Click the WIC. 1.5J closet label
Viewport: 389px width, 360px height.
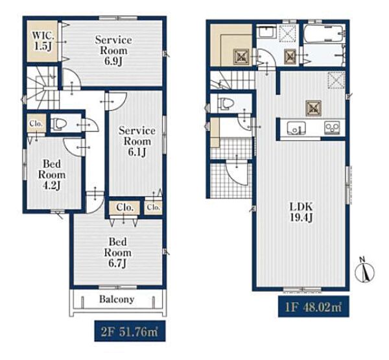[x=43, y=42]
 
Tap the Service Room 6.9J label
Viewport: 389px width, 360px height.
[x=113, y=51]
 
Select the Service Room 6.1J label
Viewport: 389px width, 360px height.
[x=137, y=141]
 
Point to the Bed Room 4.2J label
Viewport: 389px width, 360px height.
[x=52, y=174]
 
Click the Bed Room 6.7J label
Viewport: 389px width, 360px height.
[x=117, y=252]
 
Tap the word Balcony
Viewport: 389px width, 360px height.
[x=117, y=299]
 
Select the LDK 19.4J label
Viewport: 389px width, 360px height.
[x=301, y=211]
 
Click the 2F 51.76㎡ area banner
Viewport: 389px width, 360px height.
[x=130, y=331]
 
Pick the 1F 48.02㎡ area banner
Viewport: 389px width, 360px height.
[x=314, y=306]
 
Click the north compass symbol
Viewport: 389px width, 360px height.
[x=364, y=271]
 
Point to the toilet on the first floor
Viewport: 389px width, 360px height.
[x=226, y=103]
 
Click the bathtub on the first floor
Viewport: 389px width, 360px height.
[x=323, y=34]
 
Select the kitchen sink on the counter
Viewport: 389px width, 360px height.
[x=296, y=128]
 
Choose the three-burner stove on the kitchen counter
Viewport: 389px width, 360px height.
[x=332, y=128]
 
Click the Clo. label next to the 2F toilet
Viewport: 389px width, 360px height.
[x=36, y=123]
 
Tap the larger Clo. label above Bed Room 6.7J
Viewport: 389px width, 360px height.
[x=124, y=207]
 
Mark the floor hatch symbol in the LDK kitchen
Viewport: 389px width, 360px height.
[x=314, y=108]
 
